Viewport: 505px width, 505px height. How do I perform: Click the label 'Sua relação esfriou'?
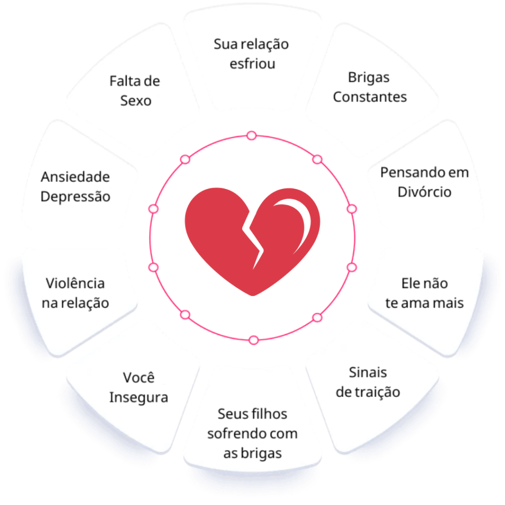[252, 54]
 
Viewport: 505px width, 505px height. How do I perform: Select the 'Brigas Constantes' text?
[370, 87]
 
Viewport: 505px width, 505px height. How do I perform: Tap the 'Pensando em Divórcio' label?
[424, 182]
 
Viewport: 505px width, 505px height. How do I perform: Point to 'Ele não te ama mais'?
[424, 293]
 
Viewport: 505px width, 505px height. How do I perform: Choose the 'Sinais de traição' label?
[368, 382]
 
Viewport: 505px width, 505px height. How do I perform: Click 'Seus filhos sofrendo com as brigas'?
[252, 433]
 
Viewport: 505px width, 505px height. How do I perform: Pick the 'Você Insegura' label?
[139, 388]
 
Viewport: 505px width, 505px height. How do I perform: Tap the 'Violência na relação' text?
[75, 293]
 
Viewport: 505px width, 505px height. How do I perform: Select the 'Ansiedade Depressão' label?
[75, 186]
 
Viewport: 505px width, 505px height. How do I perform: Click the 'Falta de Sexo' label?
[135, 91]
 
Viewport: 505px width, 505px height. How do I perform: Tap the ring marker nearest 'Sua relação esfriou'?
[252, 136]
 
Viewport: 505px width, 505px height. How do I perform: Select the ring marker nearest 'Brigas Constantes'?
[318, 159]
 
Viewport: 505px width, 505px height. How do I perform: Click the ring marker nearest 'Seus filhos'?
[253, 340]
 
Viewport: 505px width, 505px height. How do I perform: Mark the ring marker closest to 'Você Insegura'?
[185, 315]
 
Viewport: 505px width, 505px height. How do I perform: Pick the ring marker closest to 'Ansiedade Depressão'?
[153, 209]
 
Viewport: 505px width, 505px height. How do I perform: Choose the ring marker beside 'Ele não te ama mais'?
[352, 267]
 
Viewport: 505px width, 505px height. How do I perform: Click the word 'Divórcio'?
[424, 192]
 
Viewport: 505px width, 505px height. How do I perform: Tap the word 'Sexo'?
[136, 101]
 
